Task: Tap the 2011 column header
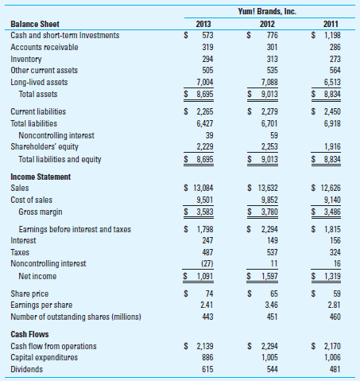tap(330, 24)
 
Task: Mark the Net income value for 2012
tap(272, 275)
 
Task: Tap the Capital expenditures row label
tap(46, 358)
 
